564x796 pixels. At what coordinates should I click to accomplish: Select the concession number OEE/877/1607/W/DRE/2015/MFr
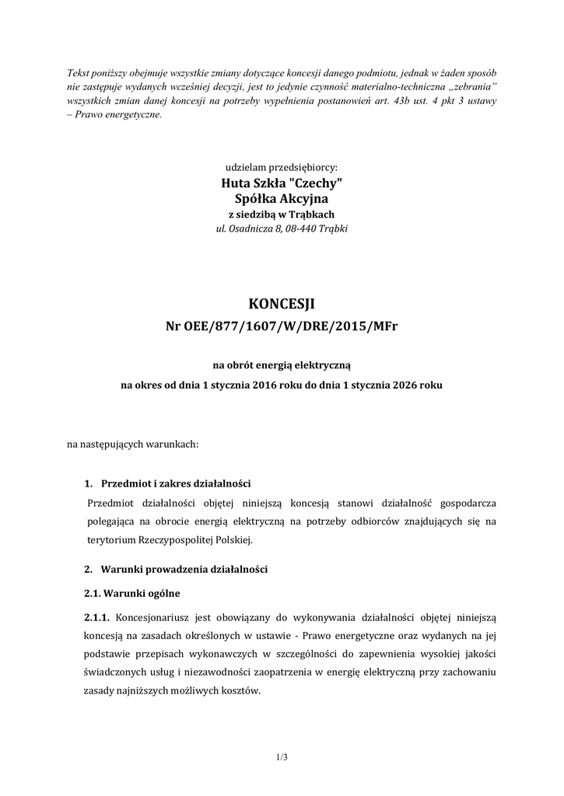(282, 326)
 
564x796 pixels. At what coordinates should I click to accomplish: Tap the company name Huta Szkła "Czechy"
(282, 183)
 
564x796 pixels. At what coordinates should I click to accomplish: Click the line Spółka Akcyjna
(282, 198)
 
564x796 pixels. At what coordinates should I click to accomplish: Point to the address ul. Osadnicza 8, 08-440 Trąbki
(282, 229)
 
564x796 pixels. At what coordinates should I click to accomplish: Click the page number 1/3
(282, 756)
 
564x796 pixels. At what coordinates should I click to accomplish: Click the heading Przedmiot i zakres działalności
(176, 484)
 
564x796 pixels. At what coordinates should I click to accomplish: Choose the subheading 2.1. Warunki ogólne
(131, 593)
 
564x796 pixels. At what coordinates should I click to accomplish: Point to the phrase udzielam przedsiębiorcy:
(282, 167)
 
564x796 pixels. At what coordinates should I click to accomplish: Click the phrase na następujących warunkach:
(133, 445)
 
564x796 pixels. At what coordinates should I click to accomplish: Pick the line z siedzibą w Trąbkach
(282, 215)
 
